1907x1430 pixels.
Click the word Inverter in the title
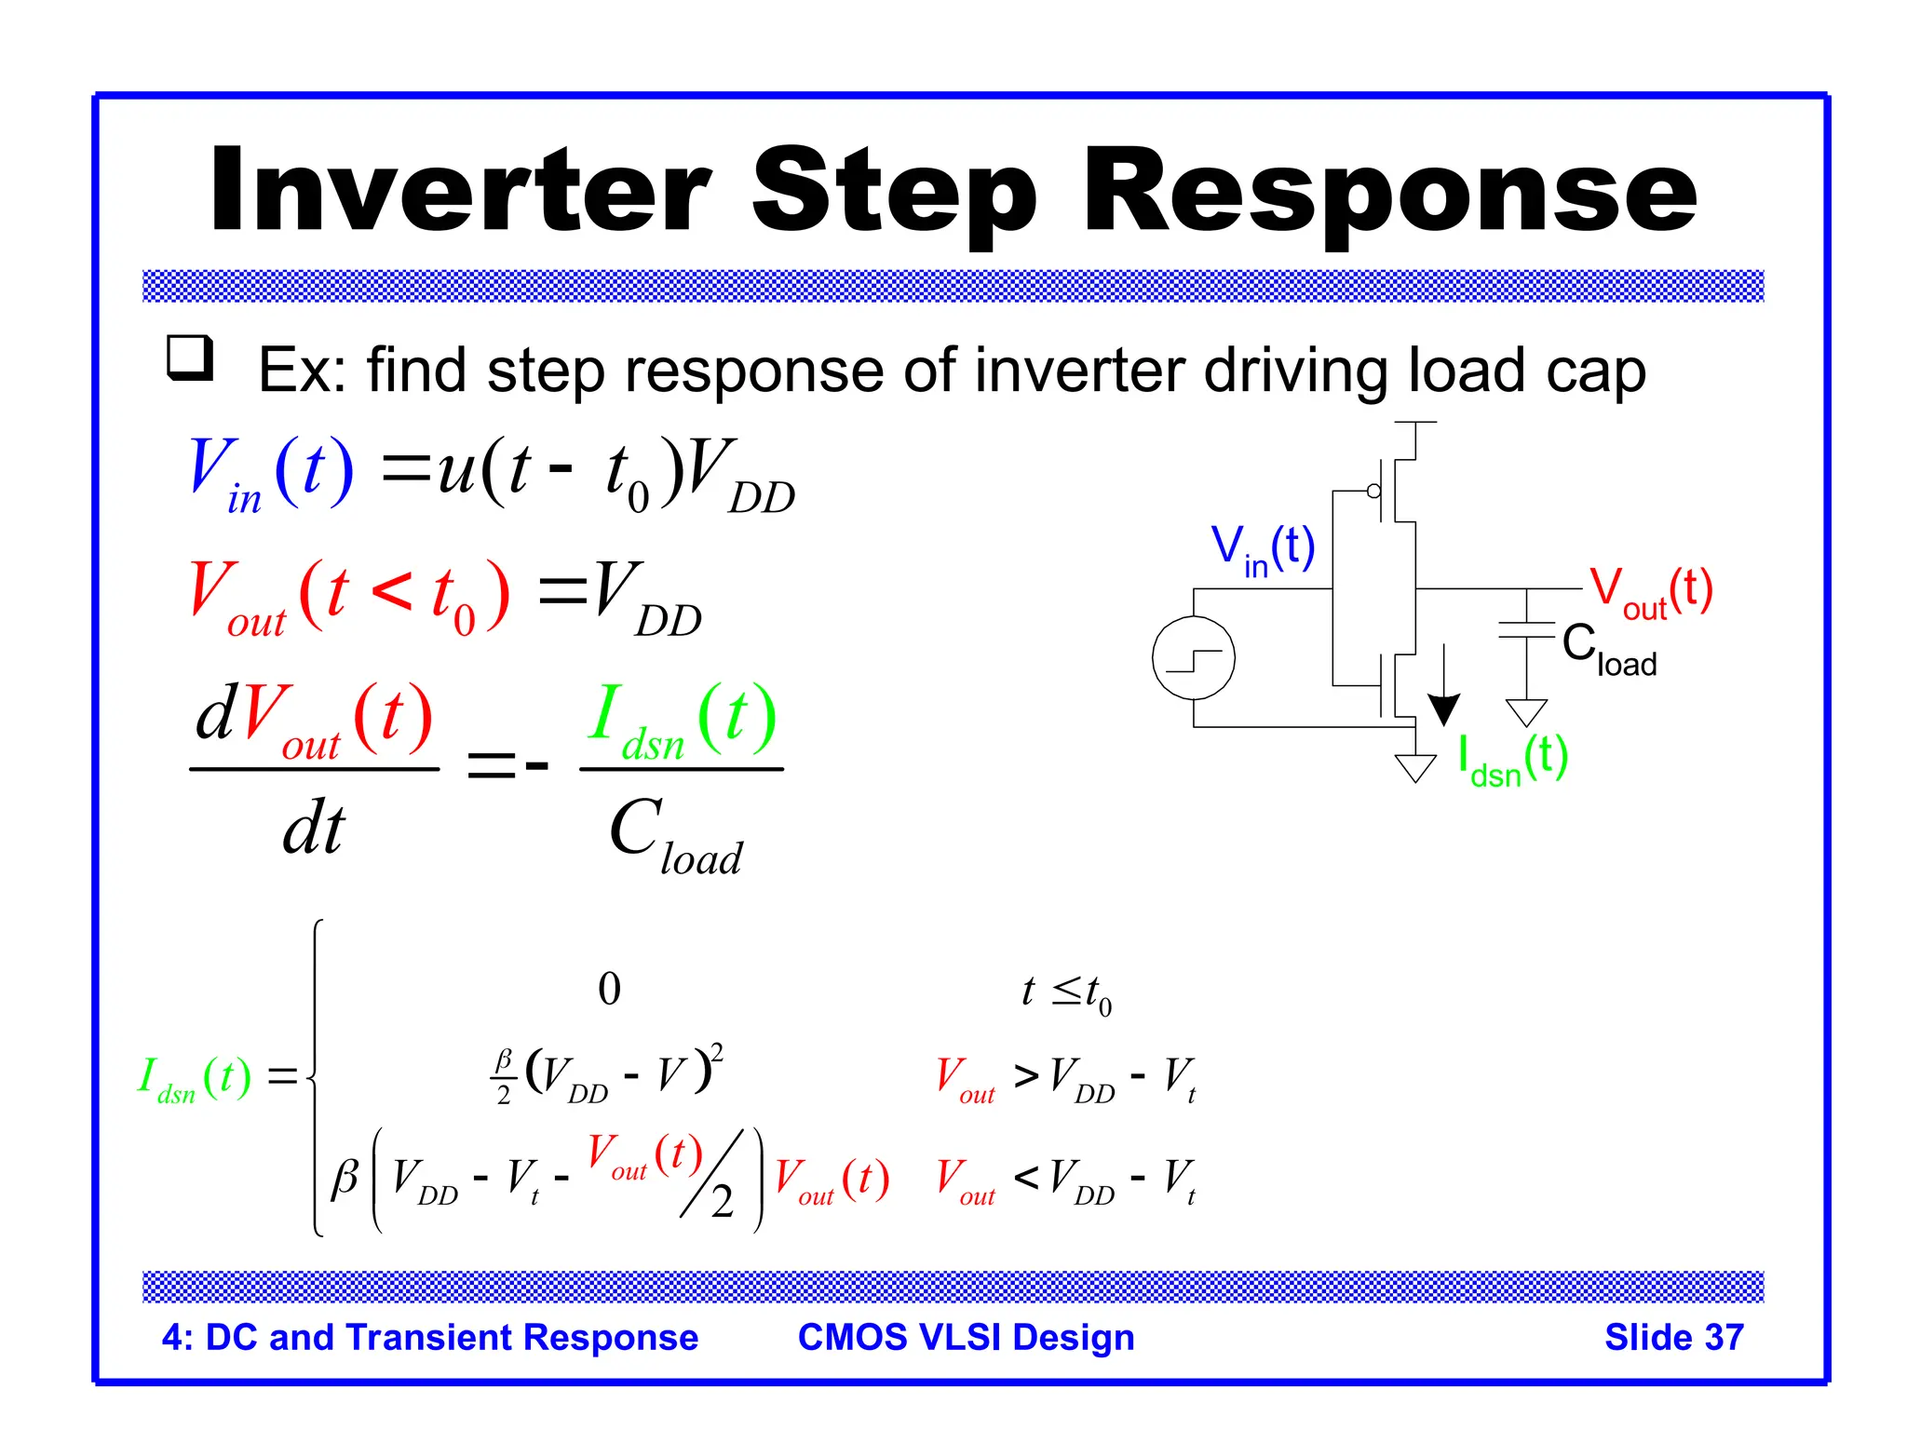[461, 191]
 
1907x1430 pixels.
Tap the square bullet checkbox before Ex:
[190, 358]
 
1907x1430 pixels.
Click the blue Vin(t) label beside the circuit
[1263, 549]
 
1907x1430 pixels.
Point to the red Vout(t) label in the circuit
[1650, 592]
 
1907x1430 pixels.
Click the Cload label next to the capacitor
[1609, 650]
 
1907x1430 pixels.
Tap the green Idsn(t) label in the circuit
[1512, 760]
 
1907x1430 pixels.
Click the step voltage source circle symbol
[1193, 658]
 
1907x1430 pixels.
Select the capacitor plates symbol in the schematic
[1526, 630]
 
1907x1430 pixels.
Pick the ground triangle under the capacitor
[1526, 712]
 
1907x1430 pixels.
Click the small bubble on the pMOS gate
[1373, 491]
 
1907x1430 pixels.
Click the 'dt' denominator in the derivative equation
[314, 828]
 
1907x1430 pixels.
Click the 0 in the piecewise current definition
[609, 989]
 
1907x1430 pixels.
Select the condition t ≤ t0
[1066, 993]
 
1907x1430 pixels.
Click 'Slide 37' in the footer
[1673, 1337]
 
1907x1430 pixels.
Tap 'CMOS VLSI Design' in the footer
[966, 1337]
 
